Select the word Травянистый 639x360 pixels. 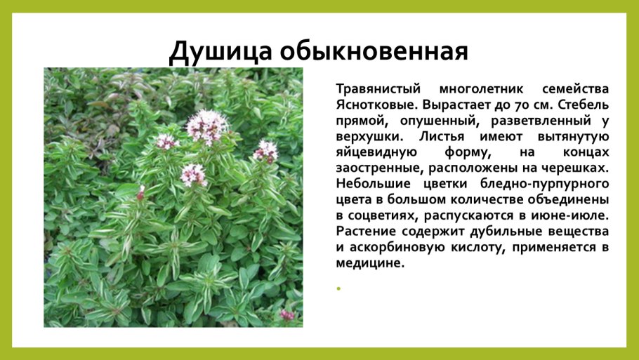click(378, 90)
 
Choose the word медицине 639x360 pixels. click(371, 262)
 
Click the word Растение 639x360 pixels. click(365, 231)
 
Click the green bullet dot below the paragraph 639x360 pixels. click(338, 288)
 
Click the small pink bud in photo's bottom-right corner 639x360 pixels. click(287, 315)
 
